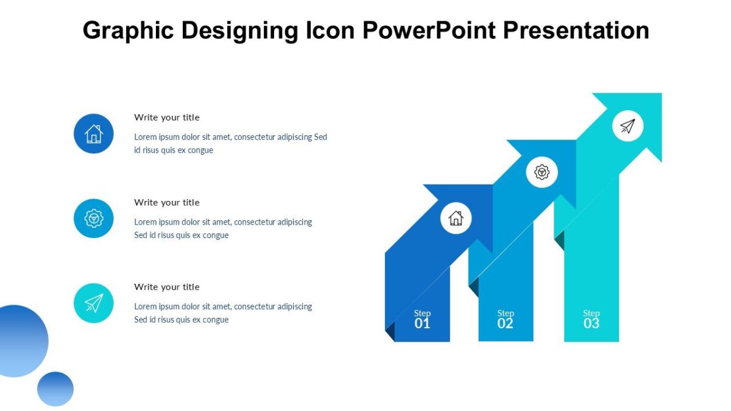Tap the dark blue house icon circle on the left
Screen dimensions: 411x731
pyautogui.click(x=94, y=133)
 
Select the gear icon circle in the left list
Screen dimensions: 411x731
pyautogui.click(x=94, y=218)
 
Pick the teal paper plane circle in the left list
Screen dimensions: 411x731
pyautogui.click(x=94, y=303)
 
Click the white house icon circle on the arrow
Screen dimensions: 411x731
pyautogui.click(x=456, y=218)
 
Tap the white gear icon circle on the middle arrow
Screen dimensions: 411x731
pyautogui.click(x=542, y=172)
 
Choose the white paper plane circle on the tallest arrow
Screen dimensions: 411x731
pyautogui.click(x=627, y=126)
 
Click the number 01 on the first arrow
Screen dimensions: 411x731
pyautogui.click(x=422, y=324)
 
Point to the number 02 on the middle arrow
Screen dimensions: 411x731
pyautogui.click(x=505, y=324)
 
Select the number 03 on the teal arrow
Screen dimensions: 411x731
pyautogui.click(x=592, y=324)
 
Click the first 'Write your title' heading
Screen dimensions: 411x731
pyautogui.click(x=167, y=118)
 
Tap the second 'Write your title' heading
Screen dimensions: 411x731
pyautogui.click(x=167, y=202)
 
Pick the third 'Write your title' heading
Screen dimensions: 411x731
pyautogui.click(x=167, y=287)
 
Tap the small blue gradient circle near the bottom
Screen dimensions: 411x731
pyautogui.click(x=55, y=388)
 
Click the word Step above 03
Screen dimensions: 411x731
pyautogui.click(x=592, y=314)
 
